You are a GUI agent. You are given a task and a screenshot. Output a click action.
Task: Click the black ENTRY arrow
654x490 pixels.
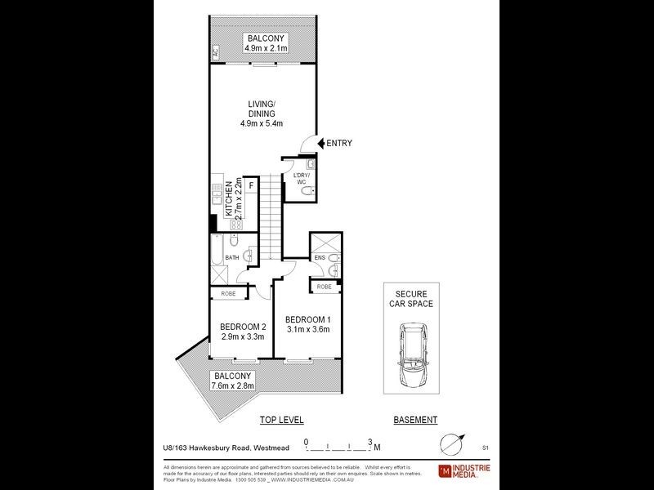320,143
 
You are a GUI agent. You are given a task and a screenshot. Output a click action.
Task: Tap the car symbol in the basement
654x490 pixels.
412,353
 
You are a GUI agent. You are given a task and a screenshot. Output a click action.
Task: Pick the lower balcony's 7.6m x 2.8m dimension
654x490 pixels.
234,385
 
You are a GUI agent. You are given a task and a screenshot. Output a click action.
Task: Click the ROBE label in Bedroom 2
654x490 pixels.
227,294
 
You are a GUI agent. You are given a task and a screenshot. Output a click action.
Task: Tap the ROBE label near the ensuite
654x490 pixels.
325,287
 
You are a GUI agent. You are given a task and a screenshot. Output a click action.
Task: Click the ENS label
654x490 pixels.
319,259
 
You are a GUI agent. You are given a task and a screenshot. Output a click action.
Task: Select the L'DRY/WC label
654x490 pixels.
293,178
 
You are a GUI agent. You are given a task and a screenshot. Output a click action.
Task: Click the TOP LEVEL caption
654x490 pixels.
281,420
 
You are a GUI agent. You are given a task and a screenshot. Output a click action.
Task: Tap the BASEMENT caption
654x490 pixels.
415,420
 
